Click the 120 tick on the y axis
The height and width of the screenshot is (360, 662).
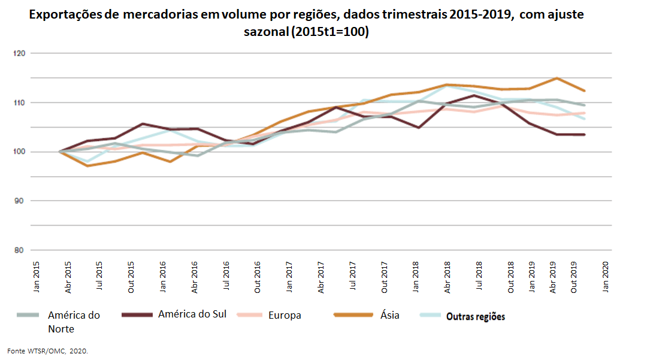[x=19, y=53]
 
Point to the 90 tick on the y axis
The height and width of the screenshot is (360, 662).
[x=19, y=201]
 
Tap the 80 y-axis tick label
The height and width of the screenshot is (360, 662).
[x=19, y=250]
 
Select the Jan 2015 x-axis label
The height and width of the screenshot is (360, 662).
[x=37, y=277]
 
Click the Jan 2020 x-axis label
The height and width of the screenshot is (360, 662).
[x=606, y=277]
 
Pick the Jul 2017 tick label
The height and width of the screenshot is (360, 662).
[x=352, y=276]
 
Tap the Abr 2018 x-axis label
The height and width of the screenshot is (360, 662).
[x=448, y=277]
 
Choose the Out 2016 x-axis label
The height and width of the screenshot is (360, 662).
[x=258, y=277]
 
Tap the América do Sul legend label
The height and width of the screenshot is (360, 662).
[x=192, y=314]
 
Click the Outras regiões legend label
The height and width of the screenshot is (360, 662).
[x=476, y=316]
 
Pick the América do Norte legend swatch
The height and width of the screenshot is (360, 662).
[x=28, y=315]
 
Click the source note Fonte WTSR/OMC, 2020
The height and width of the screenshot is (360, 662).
[x=48, y=351]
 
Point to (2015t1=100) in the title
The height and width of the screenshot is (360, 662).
[x=330, y=32]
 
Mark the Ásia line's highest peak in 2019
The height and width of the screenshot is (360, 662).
[x=557, y=78]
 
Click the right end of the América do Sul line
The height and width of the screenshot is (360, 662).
[x=585, y=135]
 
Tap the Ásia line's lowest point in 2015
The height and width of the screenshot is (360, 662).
[x=87, y=166]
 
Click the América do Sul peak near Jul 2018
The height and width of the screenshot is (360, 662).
[x=475, y=95]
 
